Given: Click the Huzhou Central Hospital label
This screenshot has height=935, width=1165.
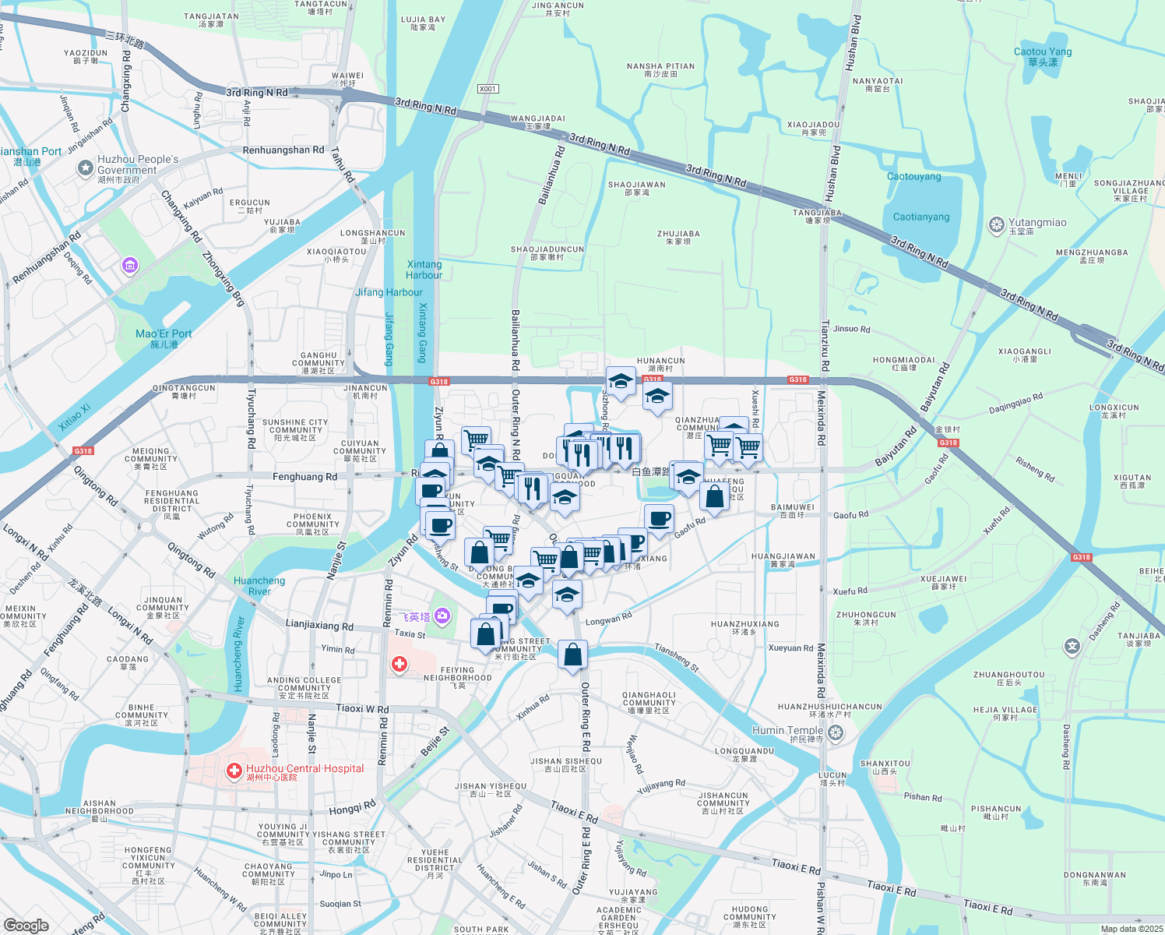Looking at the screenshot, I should [304, 769].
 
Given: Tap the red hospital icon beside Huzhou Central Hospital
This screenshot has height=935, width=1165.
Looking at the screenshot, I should [234, 771].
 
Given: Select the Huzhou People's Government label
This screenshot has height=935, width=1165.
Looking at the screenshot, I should [137, 164].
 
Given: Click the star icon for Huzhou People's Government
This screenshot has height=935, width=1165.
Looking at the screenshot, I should [85, 168].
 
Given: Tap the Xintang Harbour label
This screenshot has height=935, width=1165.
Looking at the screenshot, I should [424, 270].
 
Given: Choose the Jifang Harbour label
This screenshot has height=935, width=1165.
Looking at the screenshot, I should [389, 293].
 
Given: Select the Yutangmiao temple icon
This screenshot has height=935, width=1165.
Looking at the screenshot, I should [996, 225].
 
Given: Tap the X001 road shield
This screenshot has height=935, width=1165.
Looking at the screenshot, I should [487, 89].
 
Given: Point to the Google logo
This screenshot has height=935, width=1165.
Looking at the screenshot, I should [26, 926].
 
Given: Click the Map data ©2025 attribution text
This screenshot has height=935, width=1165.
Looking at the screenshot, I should [1132, 929].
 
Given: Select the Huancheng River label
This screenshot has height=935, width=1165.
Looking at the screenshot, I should [259, 586].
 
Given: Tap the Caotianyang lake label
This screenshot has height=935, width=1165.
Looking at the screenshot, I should [921, 217].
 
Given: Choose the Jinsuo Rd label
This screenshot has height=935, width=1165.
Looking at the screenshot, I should [851, 329].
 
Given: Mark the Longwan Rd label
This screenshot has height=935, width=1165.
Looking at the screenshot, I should [608, 619].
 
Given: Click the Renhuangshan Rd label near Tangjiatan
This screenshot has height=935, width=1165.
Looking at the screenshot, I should [283, 150].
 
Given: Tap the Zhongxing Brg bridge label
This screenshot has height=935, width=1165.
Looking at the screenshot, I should [223, 278].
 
